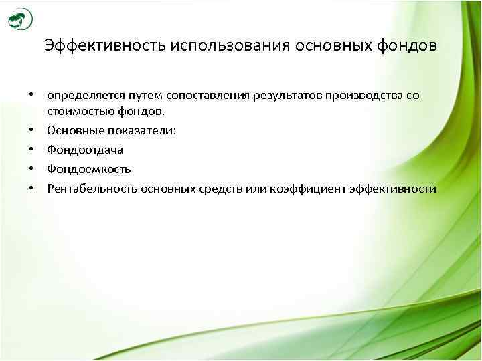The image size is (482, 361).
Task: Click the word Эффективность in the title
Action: click(105, 46)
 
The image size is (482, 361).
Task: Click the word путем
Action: click(138, 95)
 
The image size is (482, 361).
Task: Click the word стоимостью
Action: click(76, 110)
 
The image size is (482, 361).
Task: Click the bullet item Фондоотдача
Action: click(84, 150)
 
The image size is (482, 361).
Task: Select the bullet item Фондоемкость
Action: click(88, 169)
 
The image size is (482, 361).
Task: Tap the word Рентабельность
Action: click(91, 189)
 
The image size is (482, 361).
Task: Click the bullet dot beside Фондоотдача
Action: click(31, 150)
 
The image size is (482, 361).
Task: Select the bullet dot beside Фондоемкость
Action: click(31, 169)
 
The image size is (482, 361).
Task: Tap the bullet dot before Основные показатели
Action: click(31, 130)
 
